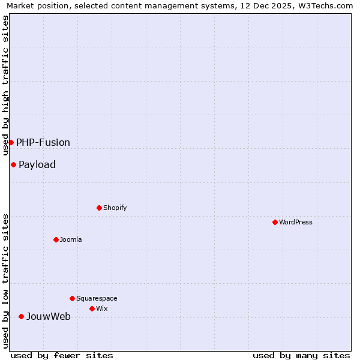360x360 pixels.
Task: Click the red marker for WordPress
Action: tap(275, 222)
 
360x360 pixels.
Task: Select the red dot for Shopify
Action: tap(99, 208)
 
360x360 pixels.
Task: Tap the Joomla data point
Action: tap(56, 239)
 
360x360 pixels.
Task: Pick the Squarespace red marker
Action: tap(72, 298)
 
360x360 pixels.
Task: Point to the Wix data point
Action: tap(92, 308)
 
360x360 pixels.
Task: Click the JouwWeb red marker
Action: tap(21, 316)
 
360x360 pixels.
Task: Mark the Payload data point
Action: tap(13, 164)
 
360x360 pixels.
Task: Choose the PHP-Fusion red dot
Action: tap(11, 142)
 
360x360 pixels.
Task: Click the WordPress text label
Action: tap(296, 222)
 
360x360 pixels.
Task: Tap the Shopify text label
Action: tap(115, 208)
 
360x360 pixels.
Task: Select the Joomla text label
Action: tap(71, 239)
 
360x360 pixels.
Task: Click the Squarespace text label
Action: tap(97, 298)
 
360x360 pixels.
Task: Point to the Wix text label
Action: tap(101, 308)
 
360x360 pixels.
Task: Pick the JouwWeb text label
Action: tap(48, 316)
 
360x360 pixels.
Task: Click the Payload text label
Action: tap(37, 164)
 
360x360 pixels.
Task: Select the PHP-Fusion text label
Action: tap(43, 142)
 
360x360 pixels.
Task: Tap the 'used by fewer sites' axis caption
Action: tap(62, 355)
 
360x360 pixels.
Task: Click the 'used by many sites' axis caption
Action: tap(301, 355)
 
